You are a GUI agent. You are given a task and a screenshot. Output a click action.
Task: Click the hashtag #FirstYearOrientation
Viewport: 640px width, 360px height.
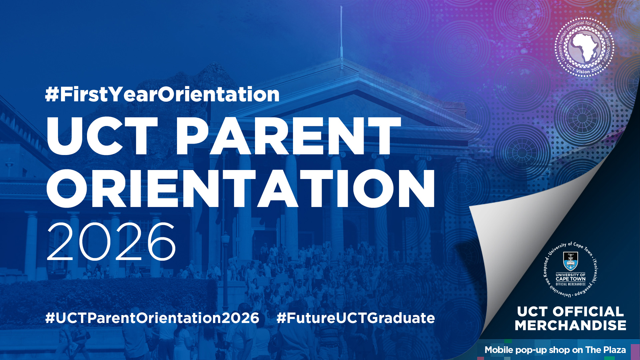tap(162, 94)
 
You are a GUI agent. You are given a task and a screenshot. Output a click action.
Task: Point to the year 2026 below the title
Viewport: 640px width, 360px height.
tap(111, 242)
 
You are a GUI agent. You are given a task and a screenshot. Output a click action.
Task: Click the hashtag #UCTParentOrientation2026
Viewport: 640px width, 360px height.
tap(152, 318)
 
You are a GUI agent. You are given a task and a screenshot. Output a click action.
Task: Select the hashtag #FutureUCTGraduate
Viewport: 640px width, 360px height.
tap(356, 318)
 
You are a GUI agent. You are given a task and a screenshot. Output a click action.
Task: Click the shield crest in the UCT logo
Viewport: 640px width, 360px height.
tap(570, 261)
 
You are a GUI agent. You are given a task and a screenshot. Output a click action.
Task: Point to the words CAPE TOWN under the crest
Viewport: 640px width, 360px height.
tap(570, 279)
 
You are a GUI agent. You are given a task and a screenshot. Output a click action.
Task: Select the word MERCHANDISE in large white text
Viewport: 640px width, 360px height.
tap(570, 325)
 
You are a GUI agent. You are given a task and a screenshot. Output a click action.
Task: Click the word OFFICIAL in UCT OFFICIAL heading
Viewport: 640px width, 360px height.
tap(588, 312)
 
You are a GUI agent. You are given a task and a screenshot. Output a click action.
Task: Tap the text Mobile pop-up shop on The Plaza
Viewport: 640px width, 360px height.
tap(555, 350)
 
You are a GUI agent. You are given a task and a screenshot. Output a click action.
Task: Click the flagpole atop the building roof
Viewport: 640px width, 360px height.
tap(341, 37)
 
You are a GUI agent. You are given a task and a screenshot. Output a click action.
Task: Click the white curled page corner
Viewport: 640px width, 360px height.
tap(520, 233)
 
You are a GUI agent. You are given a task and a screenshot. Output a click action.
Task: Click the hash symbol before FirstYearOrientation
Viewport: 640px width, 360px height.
tap(52, 94)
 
